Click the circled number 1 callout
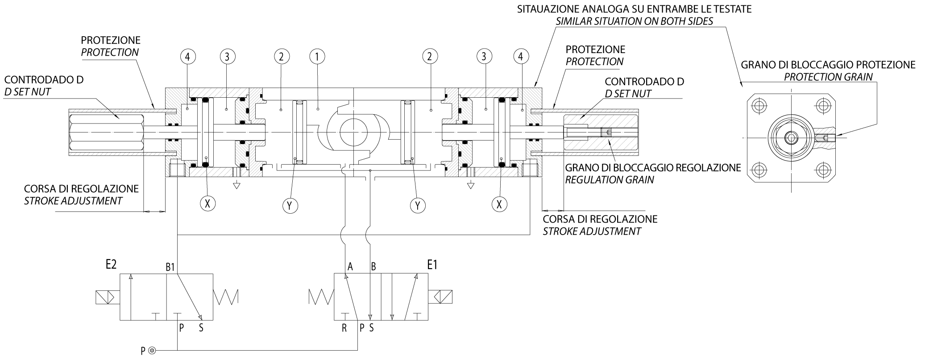pos(317,57)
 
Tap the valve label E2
pos(111,265)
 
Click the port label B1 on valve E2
pos(170,267)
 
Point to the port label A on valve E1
pos(350,267)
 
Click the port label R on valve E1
pos(344,328)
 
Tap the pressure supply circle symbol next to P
pos(152,351)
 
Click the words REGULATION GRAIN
pos(609,180)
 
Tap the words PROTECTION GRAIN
pos(828,77)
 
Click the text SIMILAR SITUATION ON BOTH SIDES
pos(634,21)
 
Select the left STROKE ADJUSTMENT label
pos(73,201)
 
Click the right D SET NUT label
pos(628,94)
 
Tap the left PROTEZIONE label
pos(111,40)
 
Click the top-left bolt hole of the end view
pos(758,106)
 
